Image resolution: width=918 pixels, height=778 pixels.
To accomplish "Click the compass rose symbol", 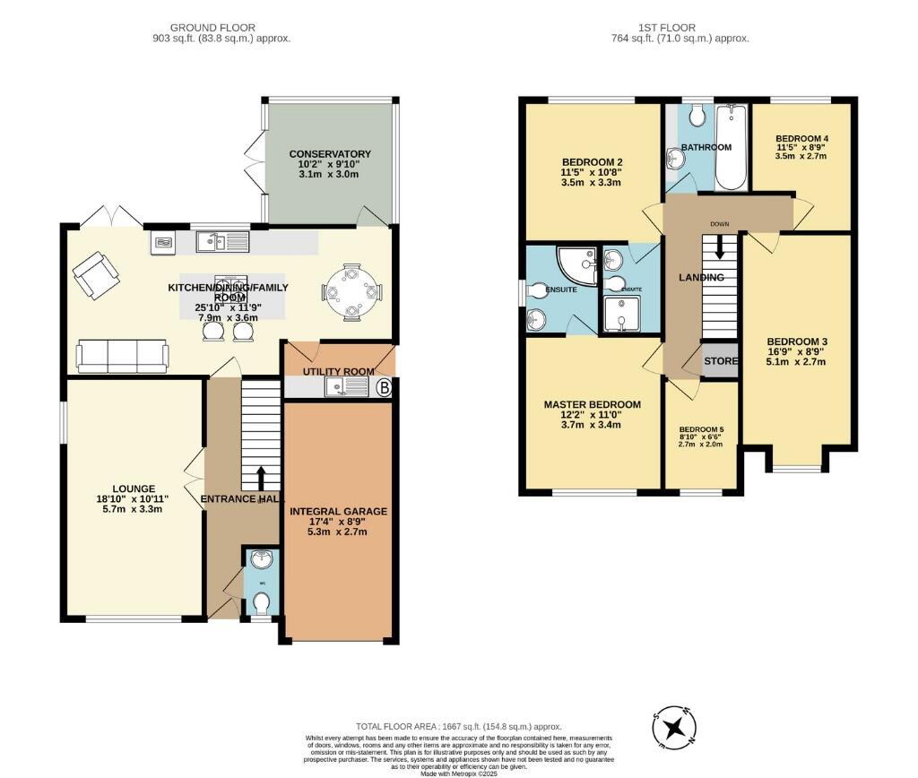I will (674, 726).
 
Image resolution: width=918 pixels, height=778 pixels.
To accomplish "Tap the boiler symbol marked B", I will (385, 388).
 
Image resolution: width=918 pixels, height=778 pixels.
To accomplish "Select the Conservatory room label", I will (331, 154).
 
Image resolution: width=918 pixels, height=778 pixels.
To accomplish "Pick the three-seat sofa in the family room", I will (122, 356).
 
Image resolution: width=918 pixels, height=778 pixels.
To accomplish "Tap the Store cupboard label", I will (720, 362).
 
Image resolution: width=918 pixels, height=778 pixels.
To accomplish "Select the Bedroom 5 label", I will (701, 429).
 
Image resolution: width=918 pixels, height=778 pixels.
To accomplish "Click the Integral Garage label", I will (338, 512).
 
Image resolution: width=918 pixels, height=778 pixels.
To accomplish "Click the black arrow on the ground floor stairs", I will (262, 477).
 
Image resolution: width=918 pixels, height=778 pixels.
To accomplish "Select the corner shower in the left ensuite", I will (577, 264).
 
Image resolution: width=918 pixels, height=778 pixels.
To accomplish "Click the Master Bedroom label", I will (592, 404).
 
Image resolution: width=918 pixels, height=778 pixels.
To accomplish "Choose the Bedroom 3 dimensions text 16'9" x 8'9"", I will (796, 351).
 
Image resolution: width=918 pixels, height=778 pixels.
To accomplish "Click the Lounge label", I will (134, 488).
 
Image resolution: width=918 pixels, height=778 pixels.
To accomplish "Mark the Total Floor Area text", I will (458, 727).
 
